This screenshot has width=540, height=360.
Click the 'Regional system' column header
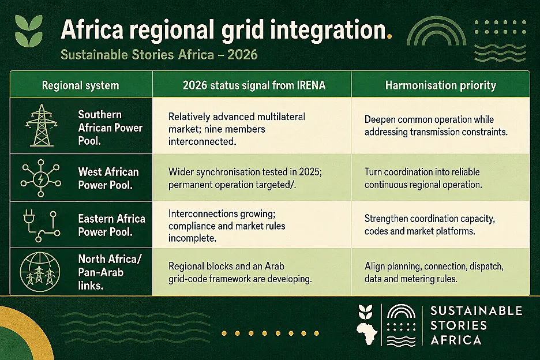tap(80, 85)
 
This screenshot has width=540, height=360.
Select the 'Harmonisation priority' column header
tap(440, 85)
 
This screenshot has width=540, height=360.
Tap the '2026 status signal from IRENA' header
tap(254, 85)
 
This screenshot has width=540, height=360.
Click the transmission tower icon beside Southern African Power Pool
tap(42, 125)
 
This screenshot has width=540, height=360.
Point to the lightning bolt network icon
tap(40, 178)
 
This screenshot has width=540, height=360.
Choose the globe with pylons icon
tap(40, 272)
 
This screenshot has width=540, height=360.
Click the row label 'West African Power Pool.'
tap(108, 178)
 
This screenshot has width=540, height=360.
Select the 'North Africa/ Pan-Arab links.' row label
tap(110, 272)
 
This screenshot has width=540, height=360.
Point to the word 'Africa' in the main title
tap(92, 29)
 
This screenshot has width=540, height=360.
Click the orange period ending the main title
tap(389, 36)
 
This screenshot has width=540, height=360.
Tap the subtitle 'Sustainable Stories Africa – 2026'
tap(159, 55)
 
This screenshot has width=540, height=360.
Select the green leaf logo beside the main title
tap(29, 31)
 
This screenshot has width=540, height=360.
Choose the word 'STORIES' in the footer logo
tap(459, 325)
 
